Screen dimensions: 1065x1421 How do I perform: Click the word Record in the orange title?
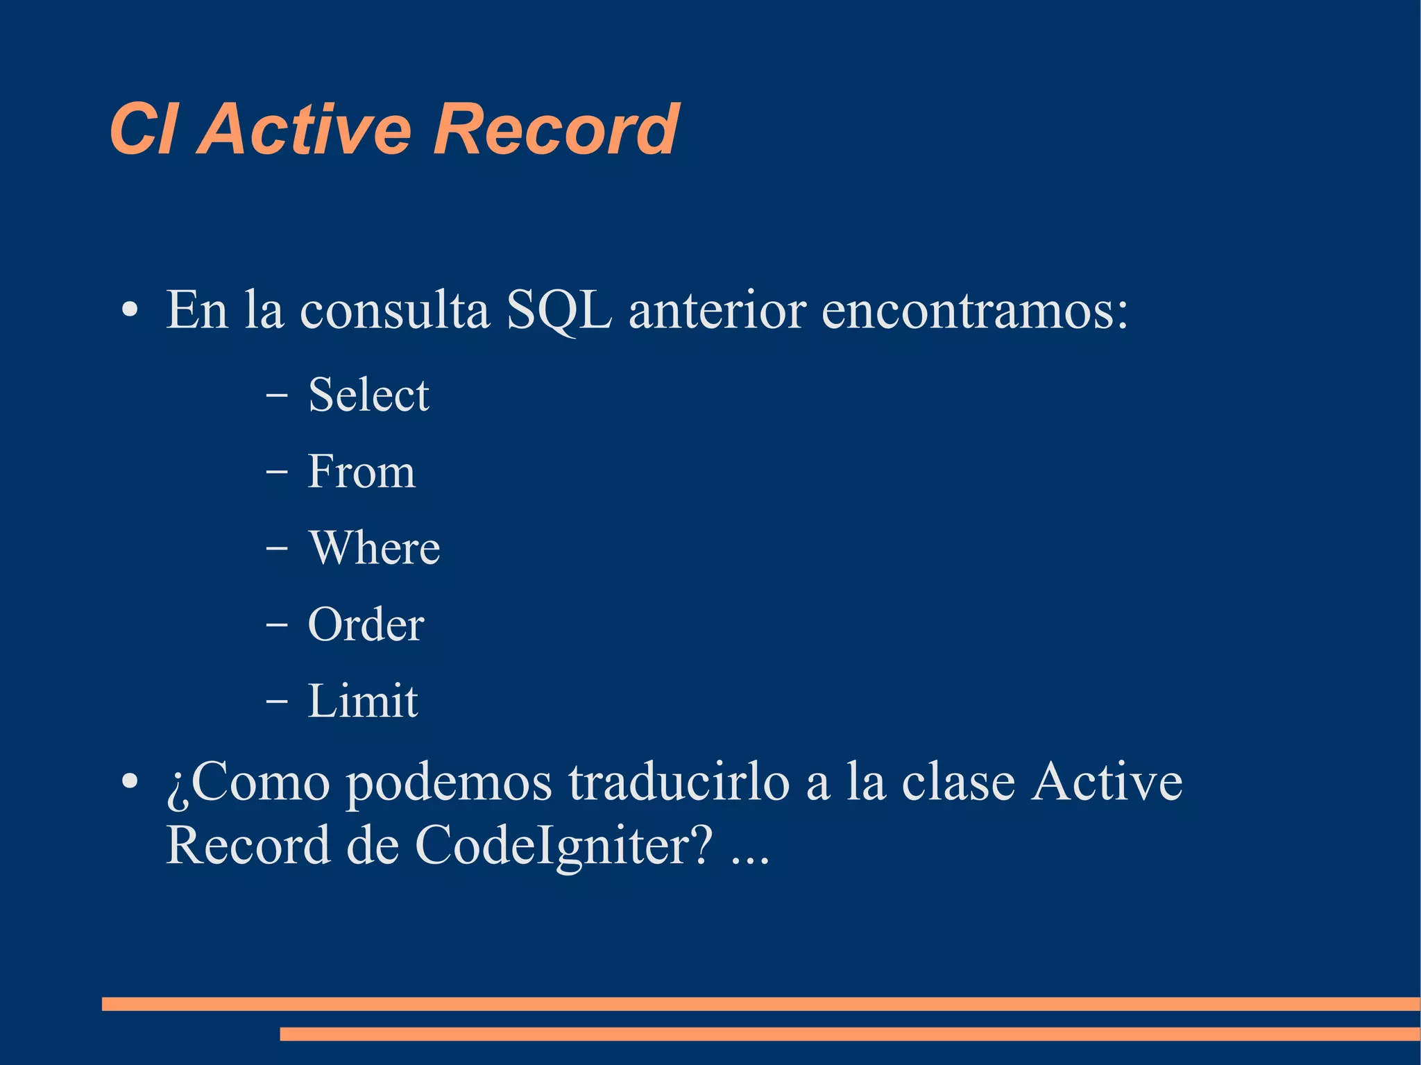pos(555,130)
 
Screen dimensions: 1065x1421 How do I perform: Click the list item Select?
pos(368,395)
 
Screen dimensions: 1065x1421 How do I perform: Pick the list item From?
pos(361,472)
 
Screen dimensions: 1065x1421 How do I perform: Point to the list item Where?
pos(374,548)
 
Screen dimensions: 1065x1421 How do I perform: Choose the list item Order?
pos(366,624)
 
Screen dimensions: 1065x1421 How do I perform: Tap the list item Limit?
pos(363,701)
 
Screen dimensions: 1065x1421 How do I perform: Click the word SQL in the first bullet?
pos(559,310)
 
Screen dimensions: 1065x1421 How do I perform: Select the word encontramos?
pos(975,310)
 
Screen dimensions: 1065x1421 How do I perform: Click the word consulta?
pos(394,310)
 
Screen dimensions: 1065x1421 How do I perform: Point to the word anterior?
pos(717,310)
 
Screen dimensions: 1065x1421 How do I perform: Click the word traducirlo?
pos(679,782)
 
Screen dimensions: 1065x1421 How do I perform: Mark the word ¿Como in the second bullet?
pos(248,783)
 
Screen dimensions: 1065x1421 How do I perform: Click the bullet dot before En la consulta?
pos(129,311)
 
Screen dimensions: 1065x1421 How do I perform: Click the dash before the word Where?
pos(276,548)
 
